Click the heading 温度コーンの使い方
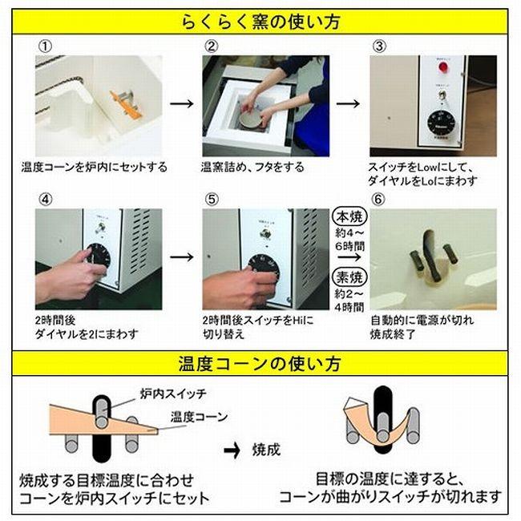pos(260,363)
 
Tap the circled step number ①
pos(45,46)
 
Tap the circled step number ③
pos(380,46)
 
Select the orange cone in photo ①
pos(125,104)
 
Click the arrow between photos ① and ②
pos(184,104)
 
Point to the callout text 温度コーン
pos(199,417)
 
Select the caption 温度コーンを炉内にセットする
pos(94,168)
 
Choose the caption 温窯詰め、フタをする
pos(252,168)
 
